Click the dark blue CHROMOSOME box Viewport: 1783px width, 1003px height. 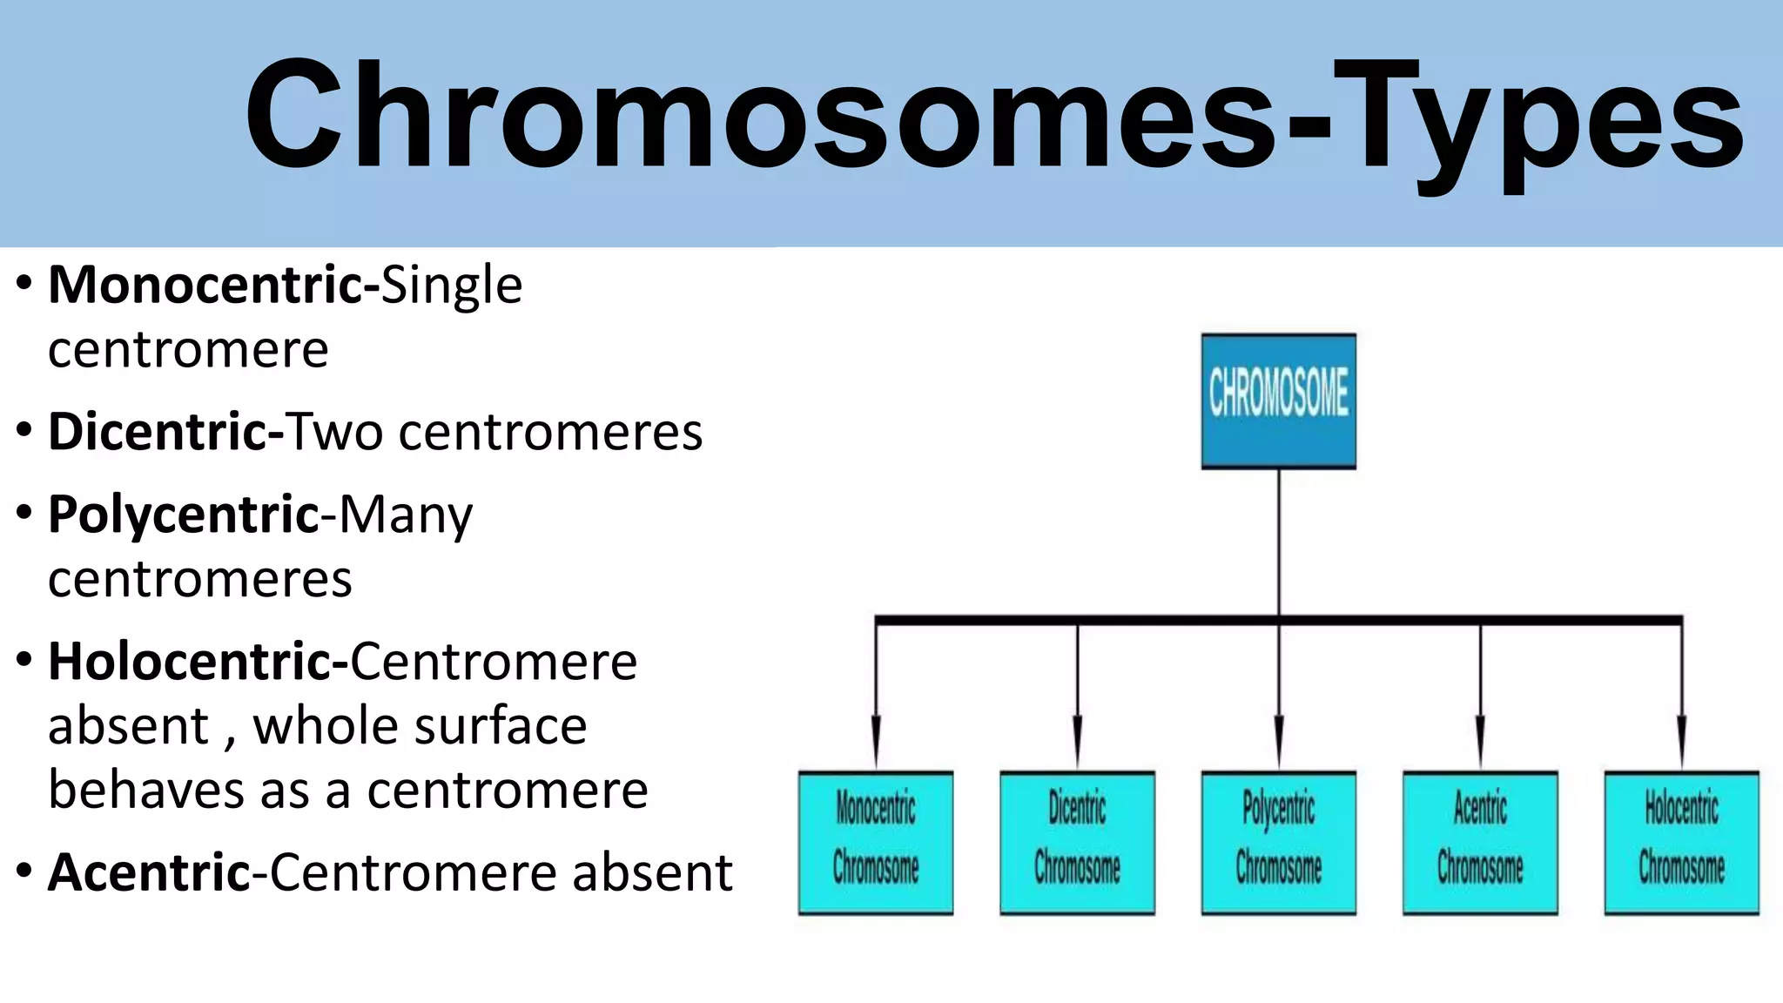tap(1278, 401)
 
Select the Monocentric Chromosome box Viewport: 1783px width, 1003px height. tap(876, 842)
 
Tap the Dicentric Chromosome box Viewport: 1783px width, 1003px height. tap(1077, 842)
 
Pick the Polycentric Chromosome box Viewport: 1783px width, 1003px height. tap(1278, 842)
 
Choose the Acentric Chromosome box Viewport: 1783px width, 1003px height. tap(1480, 842)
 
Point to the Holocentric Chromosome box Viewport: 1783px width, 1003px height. tap(1681, 842)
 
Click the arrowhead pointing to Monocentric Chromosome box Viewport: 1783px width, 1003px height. tap(876, 740)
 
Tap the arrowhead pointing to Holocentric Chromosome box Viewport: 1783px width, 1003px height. tap(1681, 740)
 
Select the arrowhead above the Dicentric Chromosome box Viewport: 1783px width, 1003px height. tap(1077, 740)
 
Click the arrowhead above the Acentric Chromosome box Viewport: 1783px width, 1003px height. tap(1480, 740)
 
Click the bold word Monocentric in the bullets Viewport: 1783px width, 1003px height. tap(205, 285)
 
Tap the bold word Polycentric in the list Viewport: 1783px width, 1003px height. tap(184, 515)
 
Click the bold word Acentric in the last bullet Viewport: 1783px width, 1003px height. tap(149, 872)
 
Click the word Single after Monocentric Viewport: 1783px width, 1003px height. tap(451, 286)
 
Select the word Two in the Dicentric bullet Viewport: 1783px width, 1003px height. tap(335, 432)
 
